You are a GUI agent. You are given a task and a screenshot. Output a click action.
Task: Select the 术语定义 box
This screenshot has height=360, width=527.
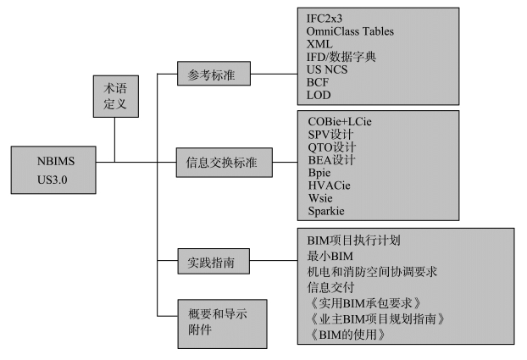pos(115,97)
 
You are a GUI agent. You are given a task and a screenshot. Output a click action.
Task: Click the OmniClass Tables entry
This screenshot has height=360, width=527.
pos(350,31)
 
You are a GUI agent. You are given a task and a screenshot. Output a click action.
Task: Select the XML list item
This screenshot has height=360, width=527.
pos(319,44)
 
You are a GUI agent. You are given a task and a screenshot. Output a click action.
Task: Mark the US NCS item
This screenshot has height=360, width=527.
pos(326,69)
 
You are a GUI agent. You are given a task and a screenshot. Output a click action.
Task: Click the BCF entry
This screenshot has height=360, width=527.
pos(319,82)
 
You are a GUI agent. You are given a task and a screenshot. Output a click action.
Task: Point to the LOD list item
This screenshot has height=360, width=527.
pos(319,95)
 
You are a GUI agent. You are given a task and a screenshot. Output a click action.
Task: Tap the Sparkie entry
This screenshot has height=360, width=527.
pos(327,211)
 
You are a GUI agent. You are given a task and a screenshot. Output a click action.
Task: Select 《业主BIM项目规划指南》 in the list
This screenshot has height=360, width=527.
pos(373,318)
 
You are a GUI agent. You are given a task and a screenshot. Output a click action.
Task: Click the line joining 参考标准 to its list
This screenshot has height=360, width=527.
pos(275,75)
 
